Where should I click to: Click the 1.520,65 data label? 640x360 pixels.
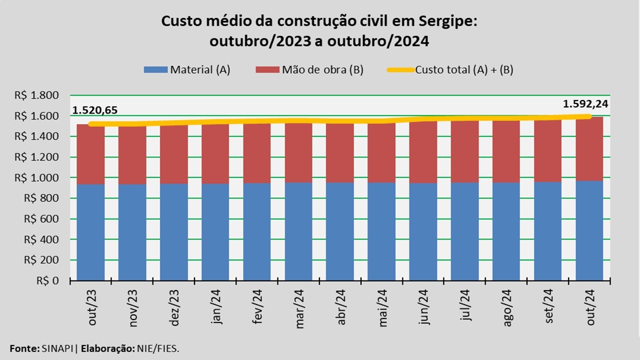pos(95,110)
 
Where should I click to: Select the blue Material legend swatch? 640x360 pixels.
pos(155,70)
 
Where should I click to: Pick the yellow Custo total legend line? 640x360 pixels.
pos(400,70)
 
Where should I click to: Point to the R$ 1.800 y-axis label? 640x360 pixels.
pos(44,95)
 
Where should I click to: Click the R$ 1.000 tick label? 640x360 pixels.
pos(44,178)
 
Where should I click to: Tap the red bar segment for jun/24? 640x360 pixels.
pos(423,152)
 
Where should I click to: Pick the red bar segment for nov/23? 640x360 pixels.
pos(132,155)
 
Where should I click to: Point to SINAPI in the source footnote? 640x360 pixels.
pos(56,348)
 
